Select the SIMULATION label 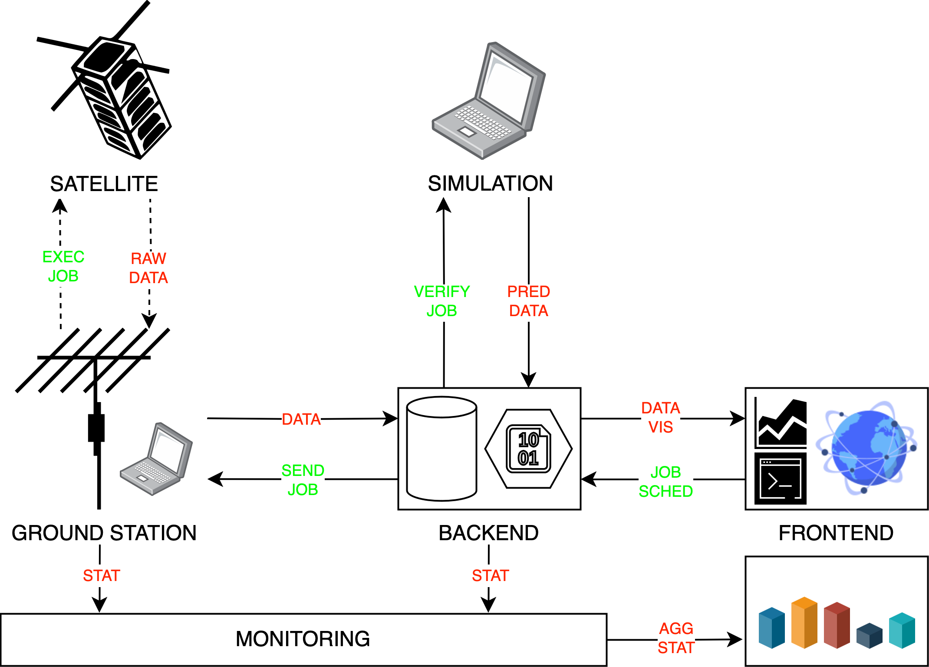pos(490,183)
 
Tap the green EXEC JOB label pos(63,266)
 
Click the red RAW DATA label pos(148,268)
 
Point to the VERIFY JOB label pos(442,301)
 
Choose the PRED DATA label pos(529,301)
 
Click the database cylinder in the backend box pos(441,449)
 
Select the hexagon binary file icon pos(528,449)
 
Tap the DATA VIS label pos(661,417)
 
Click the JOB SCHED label pos(666,482)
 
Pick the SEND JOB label pos(303,480)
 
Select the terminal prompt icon pos(781,479)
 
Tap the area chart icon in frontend pos(781,423)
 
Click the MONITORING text pos(303,639)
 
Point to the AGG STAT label pos(676,638)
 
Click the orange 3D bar pos(804,623)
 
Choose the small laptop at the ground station pos(156,459)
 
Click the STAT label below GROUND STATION pos(102,575)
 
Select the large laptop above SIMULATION pos(489,101)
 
